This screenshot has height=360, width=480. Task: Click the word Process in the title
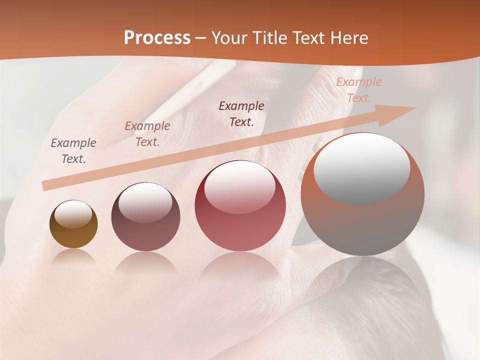tap(157, 38)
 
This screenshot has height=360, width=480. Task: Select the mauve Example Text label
tap(147, 134)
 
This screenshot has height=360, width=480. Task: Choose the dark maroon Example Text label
tap(241, 114)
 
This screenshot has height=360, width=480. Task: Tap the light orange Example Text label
tap(358, 90)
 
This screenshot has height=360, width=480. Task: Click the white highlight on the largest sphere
tap(362, 167)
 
